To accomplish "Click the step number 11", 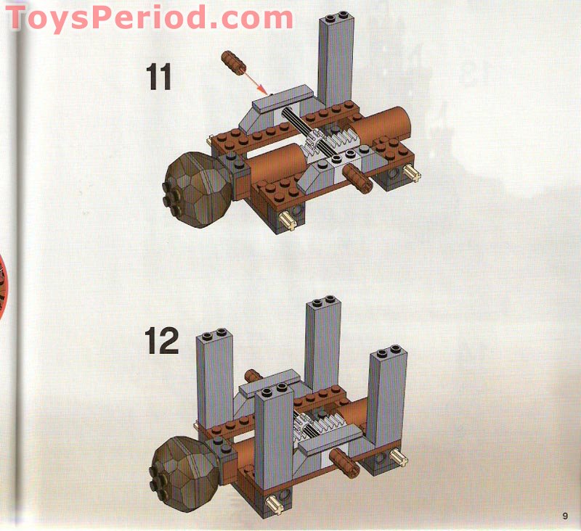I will [159, 77].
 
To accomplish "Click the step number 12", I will [161, 341].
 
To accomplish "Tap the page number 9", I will [564, 516].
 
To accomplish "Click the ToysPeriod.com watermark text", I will [149, 17].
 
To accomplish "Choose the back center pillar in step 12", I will [323, 345].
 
